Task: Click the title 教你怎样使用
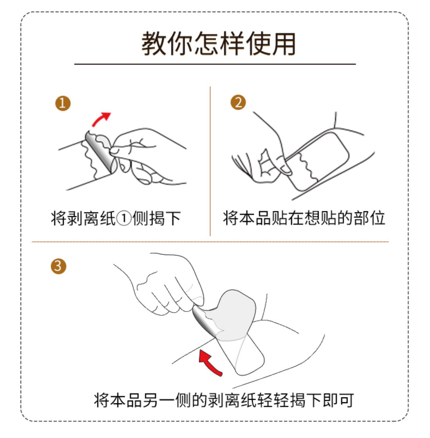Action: [x=218, y=44]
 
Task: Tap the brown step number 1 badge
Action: [x=63, y=103]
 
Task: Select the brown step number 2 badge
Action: [x=238, y=102]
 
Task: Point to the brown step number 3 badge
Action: [x=58, y=266]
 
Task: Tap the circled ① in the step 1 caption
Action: [x=124, y=219]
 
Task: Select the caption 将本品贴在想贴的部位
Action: [x=304, y=218]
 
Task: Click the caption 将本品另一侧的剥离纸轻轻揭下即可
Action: [x=224, y=400]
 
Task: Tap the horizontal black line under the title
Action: [x=215, y=64]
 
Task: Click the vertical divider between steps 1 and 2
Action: [x=210, y=161]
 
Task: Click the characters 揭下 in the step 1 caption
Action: [x=165, y=219]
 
